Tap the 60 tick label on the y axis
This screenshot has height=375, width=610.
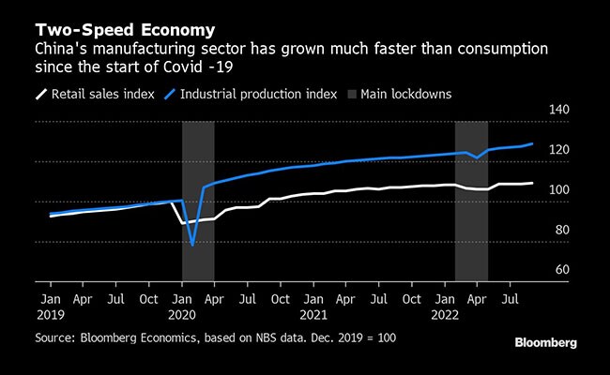click(561, 270)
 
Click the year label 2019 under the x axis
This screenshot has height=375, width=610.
click(50, 315)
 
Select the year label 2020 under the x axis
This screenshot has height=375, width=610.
click(181, 315)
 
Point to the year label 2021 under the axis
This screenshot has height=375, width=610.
click(313, 315)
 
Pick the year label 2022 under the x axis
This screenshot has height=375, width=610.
click(445, 315)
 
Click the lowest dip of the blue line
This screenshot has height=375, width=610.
click(192, 245)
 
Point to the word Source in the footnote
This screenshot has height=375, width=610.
click(56, 335)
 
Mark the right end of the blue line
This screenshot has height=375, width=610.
click(532, 143)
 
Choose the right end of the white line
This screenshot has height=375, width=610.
click(532, 183)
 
